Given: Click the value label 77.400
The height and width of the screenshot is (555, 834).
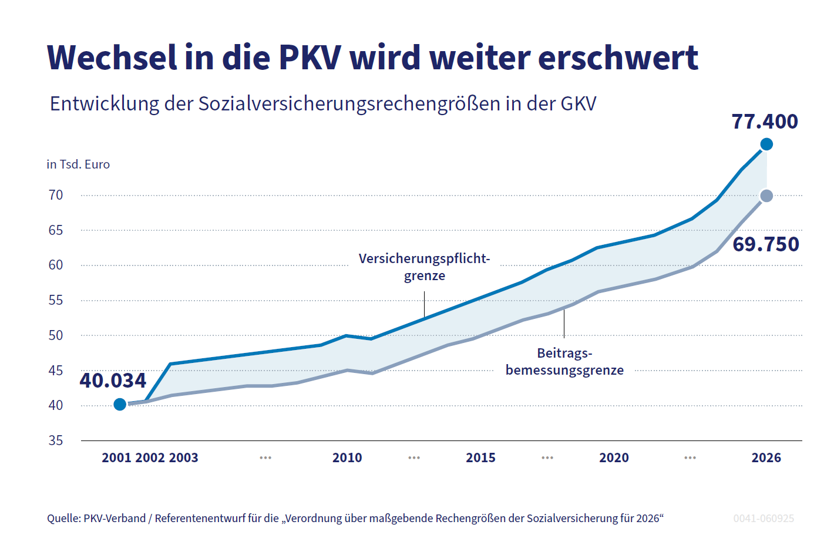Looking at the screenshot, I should (x=765, y=122).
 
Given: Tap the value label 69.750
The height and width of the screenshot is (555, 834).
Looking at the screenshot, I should (x=766, y=244).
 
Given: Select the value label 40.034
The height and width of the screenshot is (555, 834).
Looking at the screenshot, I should (x=113, y=381).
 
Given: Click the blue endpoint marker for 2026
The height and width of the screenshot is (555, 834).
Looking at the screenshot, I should (x=766, y=144).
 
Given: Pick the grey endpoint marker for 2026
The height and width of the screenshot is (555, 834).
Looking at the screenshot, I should (x=766, y=196).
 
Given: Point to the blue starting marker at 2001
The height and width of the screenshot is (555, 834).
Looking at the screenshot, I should (x=120, y=404).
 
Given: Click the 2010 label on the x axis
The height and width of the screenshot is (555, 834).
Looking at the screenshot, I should (x=347, y=458).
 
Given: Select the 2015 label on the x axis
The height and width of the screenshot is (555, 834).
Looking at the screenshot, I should (x=480, y=458).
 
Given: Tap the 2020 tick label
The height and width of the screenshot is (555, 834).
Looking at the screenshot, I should (x=614, y=458).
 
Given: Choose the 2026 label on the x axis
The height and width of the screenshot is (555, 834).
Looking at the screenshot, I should (x=766, y=458).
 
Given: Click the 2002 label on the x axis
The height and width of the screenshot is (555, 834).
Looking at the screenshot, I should (x=150, y=458).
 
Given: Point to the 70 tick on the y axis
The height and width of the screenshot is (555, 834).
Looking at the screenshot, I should (x=56, y=195).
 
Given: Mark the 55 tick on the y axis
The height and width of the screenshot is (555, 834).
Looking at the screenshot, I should (x=56, y=301).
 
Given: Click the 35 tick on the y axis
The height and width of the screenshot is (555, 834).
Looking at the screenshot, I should (x=56, y=440).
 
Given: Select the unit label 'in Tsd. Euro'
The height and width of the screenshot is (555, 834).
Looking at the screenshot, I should (x=78, y=164).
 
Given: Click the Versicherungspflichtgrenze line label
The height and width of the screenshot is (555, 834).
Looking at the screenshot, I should (x=424, y=267).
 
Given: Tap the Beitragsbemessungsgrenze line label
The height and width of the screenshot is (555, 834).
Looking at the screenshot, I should (x=564, y=362).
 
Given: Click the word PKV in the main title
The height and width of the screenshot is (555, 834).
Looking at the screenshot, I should (x=309, y=58).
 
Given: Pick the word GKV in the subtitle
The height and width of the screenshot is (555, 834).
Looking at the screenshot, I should (x=578, y=103).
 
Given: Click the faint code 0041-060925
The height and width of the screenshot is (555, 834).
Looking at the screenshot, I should (x=764, y=519).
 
